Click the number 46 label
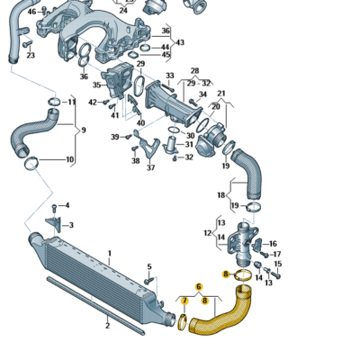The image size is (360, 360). click(31, 12)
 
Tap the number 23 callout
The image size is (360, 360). click(31, 55)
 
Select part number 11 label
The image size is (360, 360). click(72, 102)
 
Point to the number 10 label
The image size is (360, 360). click(70, 160)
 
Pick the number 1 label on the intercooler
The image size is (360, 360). click(109, 253)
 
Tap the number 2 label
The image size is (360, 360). click(107, 324)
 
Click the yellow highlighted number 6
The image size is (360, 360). click(199, 286)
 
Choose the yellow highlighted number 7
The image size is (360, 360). click(184, 300)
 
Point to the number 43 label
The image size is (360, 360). click(180, 42)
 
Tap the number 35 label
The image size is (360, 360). click(96, 85)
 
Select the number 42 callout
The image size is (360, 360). click(93, 103)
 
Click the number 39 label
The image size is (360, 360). click(115, 137)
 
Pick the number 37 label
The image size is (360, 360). click(150, 167)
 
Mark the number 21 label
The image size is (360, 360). click(221, 93)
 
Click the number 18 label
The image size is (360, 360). click(220, 194)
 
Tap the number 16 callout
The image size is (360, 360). click(273, 243)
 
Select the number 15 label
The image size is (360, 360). click(277, 264)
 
